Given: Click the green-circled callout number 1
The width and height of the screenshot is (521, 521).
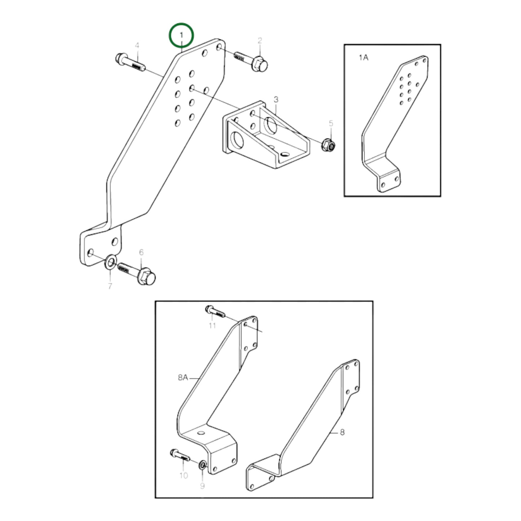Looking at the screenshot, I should pos(182,35).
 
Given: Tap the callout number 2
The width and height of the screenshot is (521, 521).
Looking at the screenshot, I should pos(260,41).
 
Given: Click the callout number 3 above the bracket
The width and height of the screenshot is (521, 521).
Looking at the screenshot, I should pos(276,99).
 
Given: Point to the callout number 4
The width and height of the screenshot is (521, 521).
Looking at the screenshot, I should pos(137,45).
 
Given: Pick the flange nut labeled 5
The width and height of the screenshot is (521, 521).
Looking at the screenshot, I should pos(329,145).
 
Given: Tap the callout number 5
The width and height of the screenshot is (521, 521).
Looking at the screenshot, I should pos(331,123).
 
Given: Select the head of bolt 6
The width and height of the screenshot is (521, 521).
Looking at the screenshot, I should pos(147,277).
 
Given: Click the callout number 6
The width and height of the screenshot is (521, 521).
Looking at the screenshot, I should pos(141,252).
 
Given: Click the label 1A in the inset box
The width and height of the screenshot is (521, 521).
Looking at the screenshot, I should pos(363,57).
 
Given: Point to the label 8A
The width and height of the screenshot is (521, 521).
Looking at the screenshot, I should pos(183,377).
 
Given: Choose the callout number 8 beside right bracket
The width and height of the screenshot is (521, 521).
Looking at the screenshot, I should pos(342,432).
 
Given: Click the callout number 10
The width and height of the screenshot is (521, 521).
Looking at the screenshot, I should pos(184,476).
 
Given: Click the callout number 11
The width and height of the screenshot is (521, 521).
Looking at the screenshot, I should pos(212,326).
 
